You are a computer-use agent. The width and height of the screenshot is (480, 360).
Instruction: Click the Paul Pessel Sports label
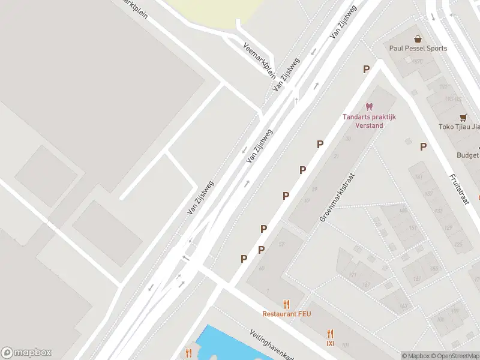click(418, 49)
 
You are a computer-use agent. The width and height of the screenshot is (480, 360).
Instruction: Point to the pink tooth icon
click(370, 107)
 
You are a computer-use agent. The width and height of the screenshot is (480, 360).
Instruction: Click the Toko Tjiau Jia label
click(460, 127)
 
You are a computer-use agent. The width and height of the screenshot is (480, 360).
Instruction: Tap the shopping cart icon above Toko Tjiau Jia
click(463, 117)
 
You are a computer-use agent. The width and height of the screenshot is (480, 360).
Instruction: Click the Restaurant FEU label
click(286, 314)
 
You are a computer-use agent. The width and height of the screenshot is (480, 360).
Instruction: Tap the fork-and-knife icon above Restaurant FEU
click(286, 304)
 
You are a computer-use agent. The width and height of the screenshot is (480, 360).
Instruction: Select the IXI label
click(330, 344)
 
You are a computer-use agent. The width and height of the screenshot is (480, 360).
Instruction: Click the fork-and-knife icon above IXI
click(330, 334)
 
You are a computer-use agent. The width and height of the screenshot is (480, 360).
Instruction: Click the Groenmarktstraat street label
click(337, 198)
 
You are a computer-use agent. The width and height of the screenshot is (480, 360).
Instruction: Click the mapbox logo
click(26, 353)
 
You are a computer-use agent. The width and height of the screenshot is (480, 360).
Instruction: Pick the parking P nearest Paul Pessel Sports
click(366, 70)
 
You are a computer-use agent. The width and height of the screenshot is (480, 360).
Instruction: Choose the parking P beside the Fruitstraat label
click(423, 146)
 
